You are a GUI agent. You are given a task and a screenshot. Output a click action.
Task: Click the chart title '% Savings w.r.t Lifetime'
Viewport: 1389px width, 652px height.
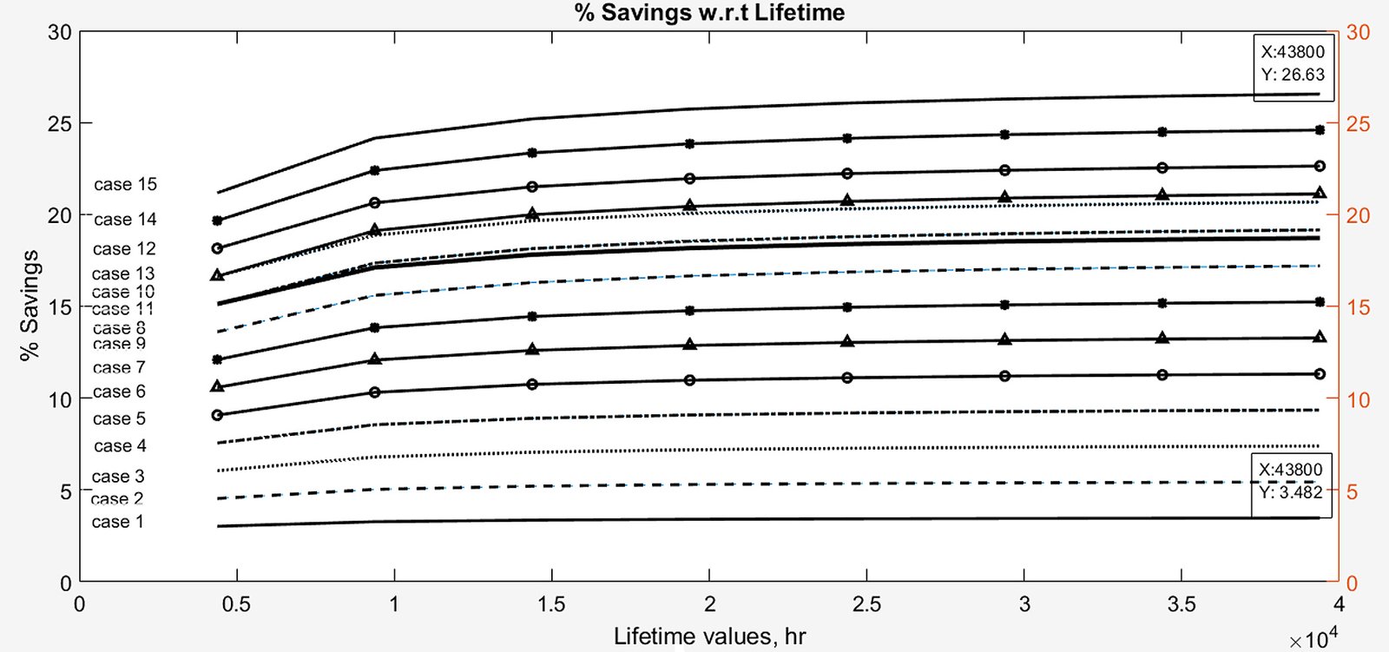click(708, 12)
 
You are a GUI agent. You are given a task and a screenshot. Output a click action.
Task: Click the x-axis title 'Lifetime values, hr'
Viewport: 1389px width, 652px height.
click(709, 636)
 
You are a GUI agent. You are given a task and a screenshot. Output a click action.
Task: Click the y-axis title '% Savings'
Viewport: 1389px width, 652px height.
click(30, 305)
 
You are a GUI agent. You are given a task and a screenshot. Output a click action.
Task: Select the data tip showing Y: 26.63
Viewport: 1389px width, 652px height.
click(1293, 63)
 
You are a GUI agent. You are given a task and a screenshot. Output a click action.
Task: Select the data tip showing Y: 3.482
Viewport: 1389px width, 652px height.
click(1291, 481)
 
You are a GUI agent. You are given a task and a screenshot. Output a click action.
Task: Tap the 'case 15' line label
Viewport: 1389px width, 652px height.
click(125, 184)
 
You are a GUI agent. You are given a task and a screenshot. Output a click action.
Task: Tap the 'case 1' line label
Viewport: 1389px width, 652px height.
click(117, 522)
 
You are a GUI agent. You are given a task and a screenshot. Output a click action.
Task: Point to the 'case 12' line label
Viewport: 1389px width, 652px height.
click(124, 249)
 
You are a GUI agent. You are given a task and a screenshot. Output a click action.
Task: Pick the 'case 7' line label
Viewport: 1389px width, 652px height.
click(119, 368)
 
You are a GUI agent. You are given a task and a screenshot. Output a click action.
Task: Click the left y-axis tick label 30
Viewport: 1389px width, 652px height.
click(59, 32)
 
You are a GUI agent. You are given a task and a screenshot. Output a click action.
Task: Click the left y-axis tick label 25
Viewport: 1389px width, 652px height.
click(59, 123)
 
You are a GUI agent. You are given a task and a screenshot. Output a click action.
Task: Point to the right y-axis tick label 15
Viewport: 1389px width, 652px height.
click(1358, 308)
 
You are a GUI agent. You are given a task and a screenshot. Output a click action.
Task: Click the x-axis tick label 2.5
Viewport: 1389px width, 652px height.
click(866, 605)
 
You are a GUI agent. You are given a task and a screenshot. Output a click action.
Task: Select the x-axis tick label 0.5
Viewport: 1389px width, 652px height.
click(236, 605)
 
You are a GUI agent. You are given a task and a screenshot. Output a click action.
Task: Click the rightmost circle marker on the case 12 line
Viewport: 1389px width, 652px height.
click(1320, 166)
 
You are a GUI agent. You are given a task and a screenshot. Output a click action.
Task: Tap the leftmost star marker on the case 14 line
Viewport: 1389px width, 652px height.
click(217, 221)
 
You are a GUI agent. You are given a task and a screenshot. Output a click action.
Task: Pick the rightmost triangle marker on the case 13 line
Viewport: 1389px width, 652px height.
click(1320, 194)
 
